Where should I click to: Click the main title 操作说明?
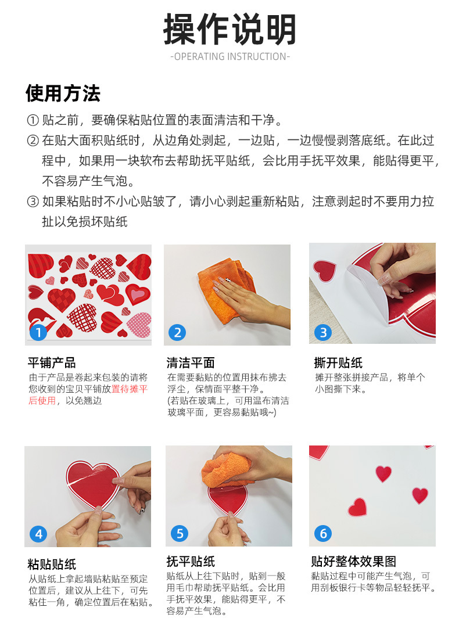229,29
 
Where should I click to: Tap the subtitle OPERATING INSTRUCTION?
230,57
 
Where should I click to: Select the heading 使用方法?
63,94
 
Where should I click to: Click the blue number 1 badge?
38,333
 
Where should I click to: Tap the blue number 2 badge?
177,333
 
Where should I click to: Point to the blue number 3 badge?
323,333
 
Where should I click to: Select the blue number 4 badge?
38,534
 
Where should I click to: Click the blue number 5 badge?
180,533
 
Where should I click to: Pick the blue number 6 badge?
323,533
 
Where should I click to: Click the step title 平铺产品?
52,362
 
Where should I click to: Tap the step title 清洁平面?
191,362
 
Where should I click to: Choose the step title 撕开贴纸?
338,362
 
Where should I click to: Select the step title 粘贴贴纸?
52,564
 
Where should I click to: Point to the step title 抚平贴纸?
191,562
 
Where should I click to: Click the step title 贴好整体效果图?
353,562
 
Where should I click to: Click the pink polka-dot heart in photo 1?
139,325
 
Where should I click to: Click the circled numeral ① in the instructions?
33,120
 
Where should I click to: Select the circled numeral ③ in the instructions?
33,201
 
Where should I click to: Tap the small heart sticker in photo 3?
324,270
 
